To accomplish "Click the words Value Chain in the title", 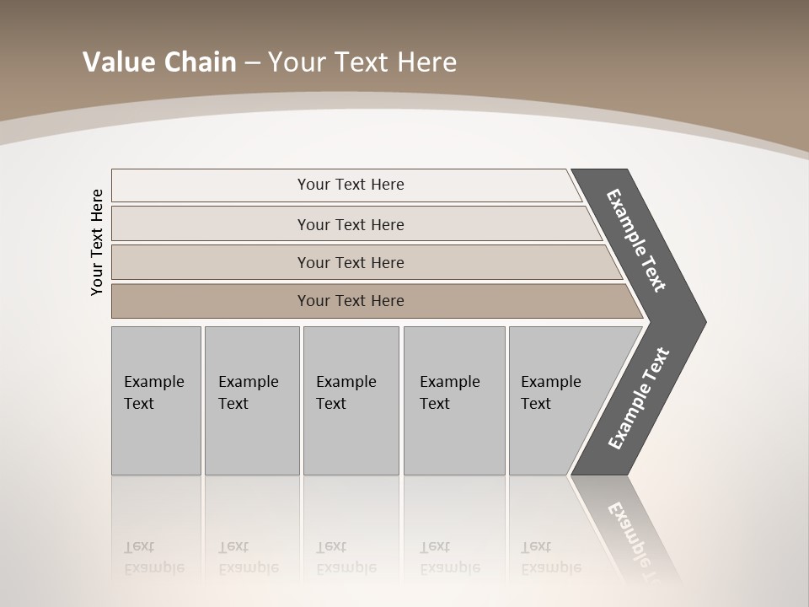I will click(x=159, y=62).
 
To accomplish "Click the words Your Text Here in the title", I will click(x=362, y=62).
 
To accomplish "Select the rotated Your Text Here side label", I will click(x=97, y=242).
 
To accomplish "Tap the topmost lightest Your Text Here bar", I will click(x=350, y=185).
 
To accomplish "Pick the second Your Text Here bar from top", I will click(x=350, y=224).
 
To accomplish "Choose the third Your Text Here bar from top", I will click(x=350, y=262).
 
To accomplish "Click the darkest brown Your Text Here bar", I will click(x=350, y=301).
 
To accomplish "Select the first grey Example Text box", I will click(x=156, y=400).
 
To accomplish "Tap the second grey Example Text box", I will click(x=251, y=400).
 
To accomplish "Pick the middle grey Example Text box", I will click(x=351, y=400).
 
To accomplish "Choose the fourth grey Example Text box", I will click(x=453, y=400).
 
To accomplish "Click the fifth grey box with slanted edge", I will click(x=556, y=400).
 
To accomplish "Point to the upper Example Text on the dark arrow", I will click(x=636, y=240).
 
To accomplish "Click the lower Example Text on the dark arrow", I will click(x=638, y=399).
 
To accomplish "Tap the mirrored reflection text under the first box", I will click(x=154, y=557).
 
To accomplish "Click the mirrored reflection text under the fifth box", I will click(x=551, y=557).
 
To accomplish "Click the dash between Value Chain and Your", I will click(x=252, y=63).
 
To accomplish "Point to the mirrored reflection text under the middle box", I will click(x=346, y=557).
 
